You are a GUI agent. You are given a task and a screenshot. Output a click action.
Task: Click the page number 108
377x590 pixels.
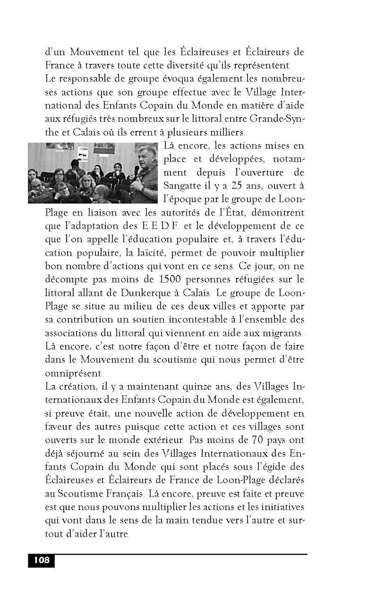coord(41,560)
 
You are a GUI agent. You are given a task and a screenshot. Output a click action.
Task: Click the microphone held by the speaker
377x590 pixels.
coord(137,171)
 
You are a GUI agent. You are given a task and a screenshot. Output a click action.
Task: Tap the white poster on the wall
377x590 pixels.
coord(83,154)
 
